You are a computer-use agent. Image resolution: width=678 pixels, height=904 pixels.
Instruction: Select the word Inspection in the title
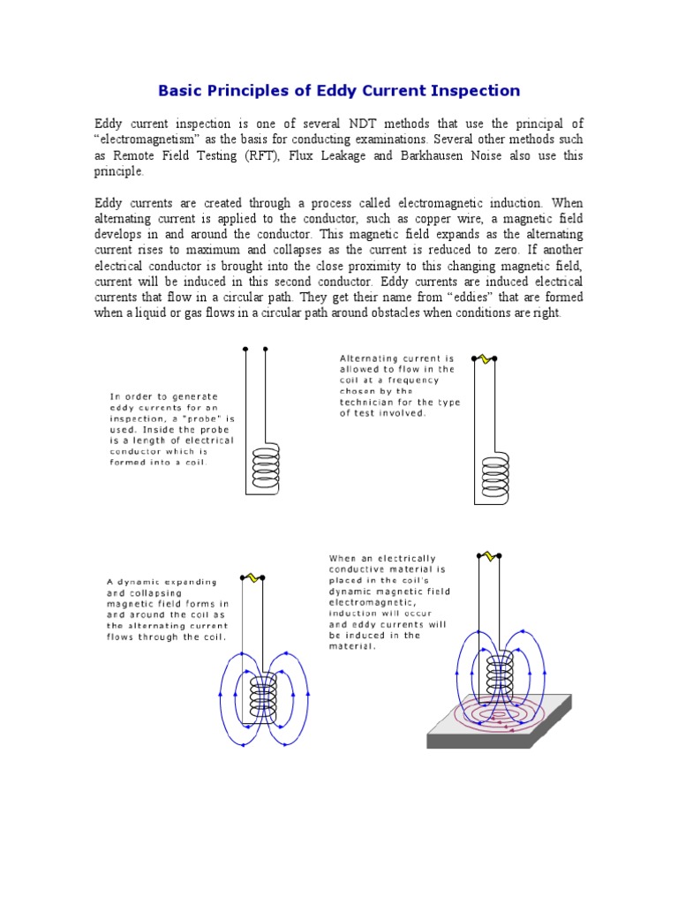pyautogui.click(x=476, y=91)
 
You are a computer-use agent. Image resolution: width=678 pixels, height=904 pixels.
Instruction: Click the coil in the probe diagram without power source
pyautogui.click(x=265, y=465)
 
